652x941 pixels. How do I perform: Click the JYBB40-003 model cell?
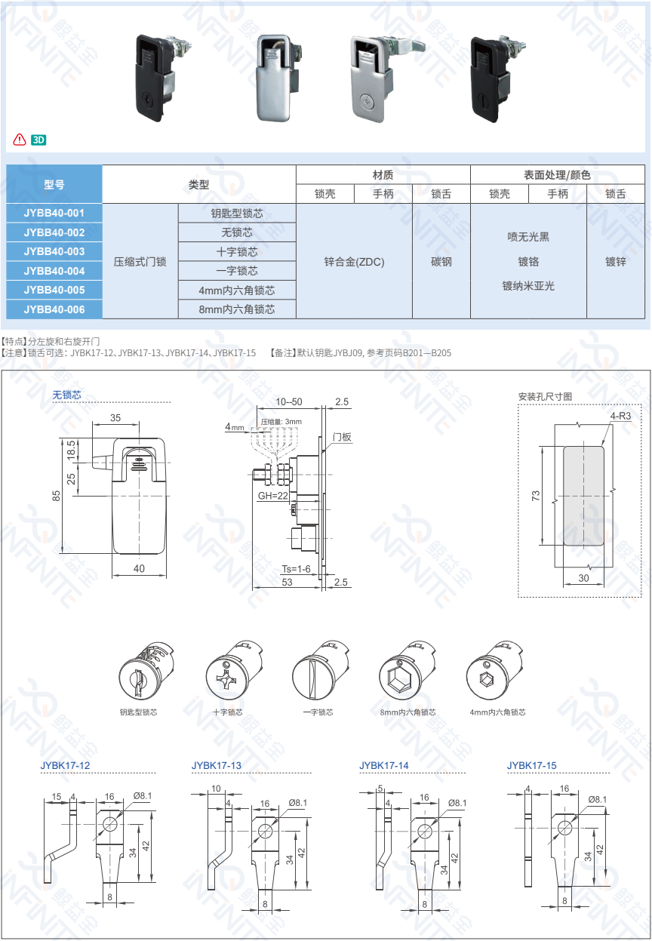pos(54,251)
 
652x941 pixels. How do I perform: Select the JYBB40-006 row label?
pos(54,309)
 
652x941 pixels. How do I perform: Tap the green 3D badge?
pos(40,140)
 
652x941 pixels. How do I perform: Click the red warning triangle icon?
pos(19,140)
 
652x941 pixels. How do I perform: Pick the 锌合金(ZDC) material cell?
pos(354,262)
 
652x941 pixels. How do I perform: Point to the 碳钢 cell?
pos(441,262)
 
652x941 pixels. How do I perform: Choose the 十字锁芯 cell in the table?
pos(237,251)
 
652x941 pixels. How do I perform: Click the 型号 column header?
pos(54,184)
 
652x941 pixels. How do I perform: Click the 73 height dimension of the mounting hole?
pos(536,495)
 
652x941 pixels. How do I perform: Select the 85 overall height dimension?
pos(56,496)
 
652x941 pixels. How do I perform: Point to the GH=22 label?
pos(273,496)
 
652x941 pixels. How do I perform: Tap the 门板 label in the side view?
pos(342,437)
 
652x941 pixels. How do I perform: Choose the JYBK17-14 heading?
pos(384,765)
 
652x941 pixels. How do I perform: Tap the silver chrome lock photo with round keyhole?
pos(369,78)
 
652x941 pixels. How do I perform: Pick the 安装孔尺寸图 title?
pos(545,396)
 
